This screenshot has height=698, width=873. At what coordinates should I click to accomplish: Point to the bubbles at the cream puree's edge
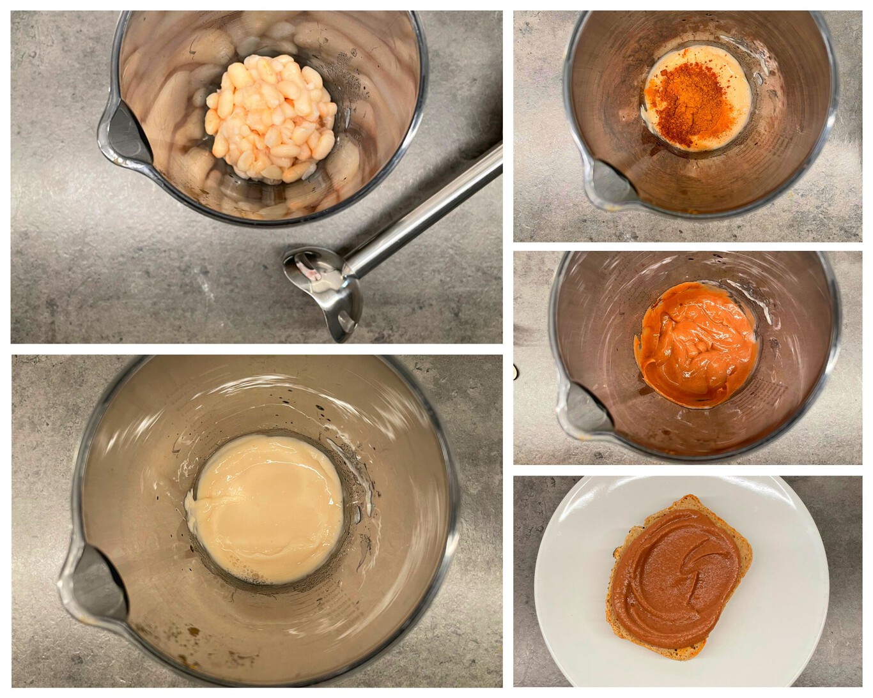pos(256,578)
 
